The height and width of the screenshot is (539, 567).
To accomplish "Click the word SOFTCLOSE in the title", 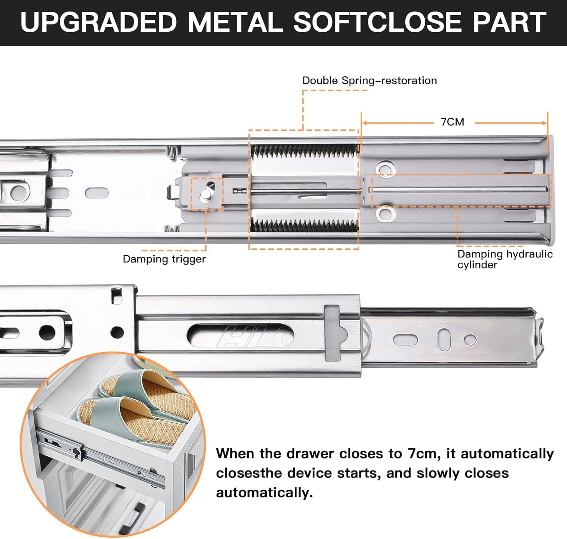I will [378, 22].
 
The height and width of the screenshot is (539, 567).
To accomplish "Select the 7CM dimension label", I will [452, 122].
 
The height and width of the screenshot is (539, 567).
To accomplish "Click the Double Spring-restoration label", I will [369, 81].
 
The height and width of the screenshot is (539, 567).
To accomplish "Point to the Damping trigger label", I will [164, 259].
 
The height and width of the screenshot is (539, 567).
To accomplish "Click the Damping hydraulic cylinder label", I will [505, 259].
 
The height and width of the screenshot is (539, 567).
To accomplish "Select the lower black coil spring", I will [304, 226].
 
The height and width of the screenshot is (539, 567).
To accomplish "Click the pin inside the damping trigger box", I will [206, 194].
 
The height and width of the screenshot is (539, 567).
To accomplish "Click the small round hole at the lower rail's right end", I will [470, 339].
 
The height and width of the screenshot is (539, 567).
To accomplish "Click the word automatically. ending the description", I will [264, 493].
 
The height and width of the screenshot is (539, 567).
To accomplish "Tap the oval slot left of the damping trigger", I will [96, 193].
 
